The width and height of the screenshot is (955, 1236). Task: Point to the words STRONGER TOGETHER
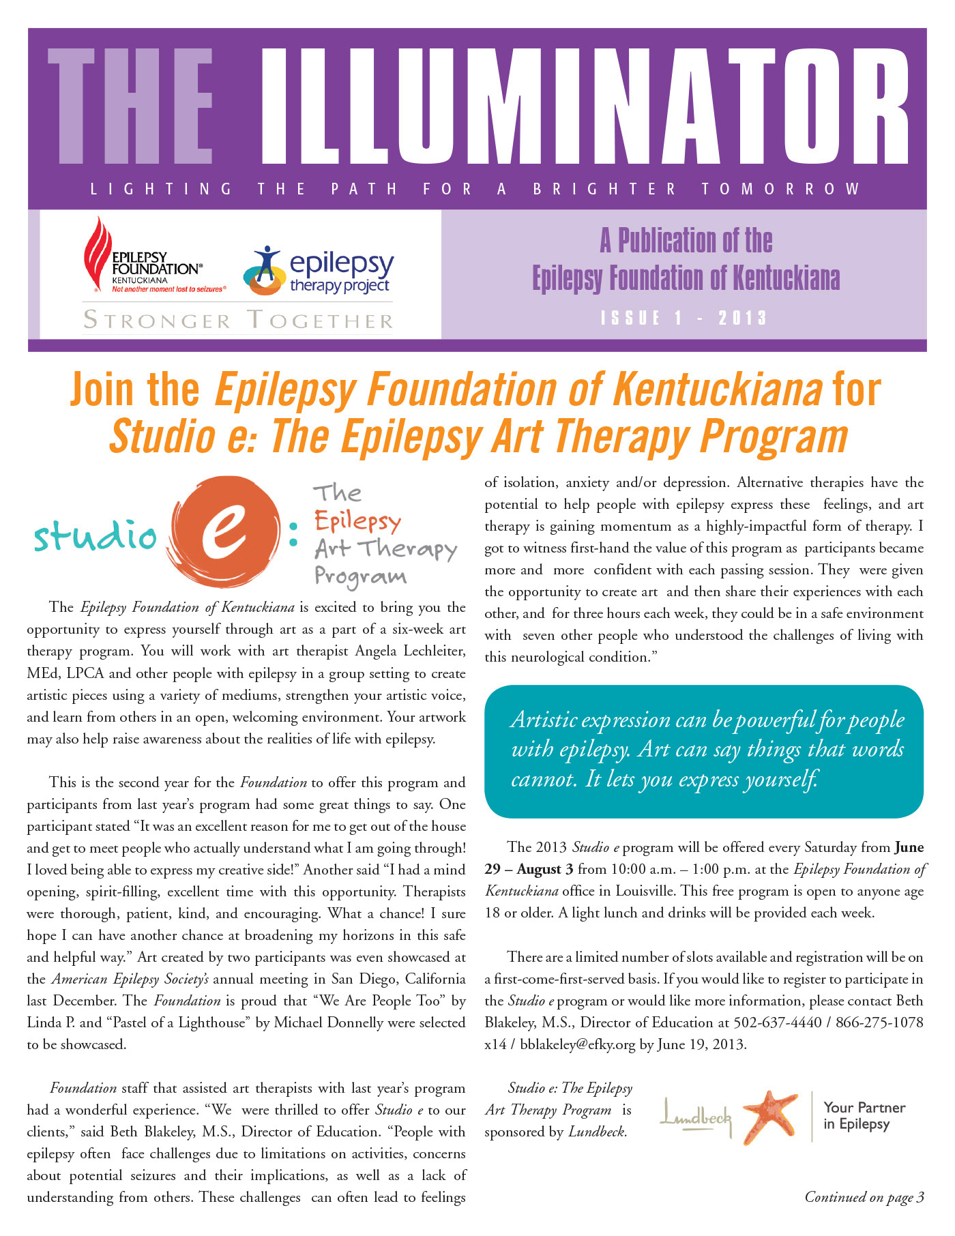click(x=237, y=320)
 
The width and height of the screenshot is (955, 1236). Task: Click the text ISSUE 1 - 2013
click(x=684, y=318)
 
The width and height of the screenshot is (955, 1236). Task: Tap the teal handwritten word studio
click(x=95, y=535)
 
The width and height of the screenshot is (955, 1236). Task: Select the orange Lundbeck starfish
click(x=770, y=1117)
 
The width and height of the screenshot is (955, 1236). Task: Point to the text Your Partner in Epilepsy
click(x=864, y=1116)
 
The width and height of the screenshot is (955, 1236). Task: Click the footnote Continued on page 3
click(x=864, y=1197)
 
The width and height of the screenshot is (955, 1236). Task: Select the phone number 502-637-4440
click(x=777, y=1022)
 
